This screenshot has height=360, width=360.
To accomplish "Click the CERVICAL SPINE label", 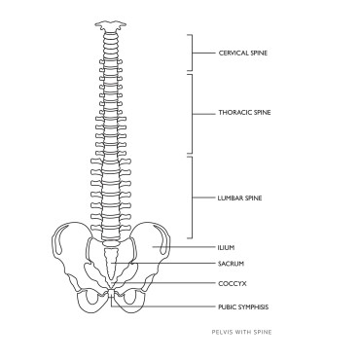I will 243,53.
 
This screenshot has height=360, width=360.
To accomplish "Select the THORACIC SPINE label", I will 244,112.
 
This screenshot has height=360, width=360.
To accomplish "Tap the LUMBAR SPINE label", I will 241,198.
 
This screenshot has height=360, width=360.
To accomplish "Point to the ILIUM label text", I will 226,247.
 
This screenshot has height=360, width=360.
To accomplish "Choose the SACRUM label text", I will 230,265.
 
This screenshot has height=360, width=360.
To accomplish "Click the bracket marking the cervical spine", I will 191,53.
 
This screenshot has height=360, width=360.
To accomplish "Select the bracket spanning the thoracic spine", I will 191,112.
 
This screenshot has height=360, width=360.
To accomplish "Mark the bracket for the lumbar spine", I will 191,198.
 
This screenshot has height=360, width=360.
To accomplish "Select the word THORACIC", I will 234,112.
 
